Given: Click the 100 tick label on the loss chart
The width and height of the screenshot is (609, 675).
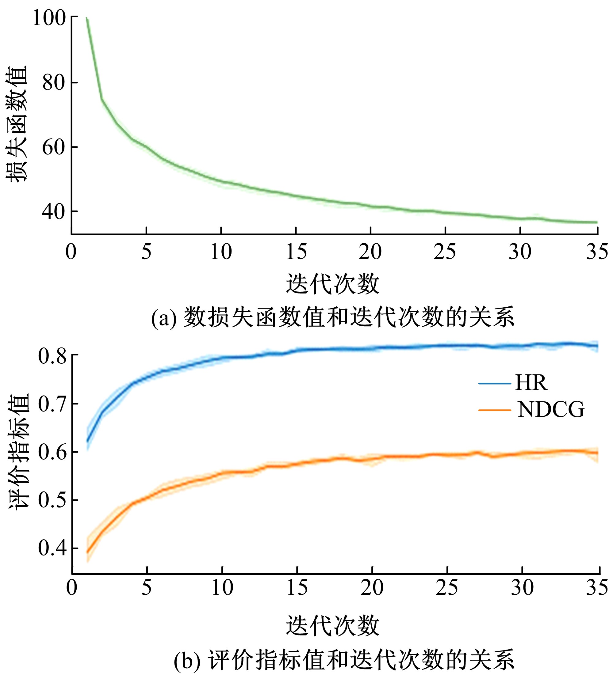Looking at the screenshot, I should coord(49,18).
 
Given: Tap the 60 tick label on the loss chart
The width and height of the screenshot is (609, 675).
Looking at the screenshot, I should coord(54,147).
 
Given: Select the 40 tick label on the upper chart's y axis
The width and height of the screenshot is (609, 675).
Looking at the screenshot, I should coord(54,212).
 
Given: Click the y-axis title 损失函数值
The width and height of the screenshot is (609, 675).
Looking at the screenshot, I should coord(16,124).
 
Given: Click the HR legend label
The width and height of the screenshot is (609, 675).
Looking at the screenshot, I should coord(531,383).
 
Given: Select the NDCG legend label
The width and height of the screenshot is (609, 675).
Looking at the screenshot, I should coord(551,410).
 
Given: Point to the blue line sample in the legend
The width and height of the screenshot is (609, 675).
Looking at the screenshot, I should coord(495,383).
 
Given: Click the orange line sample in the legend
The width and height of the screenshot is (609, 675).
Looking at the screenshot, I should coord(495,410).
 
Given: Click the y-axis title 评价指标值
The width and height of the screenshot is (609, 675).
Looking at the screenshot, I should coord(18,451).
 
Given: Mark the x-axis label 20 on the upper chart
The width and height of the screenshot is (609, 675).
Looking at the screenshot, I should coord(370,252).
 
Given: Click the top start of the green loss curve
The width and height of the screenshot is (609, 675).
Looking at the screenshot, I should coord(87,18).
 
